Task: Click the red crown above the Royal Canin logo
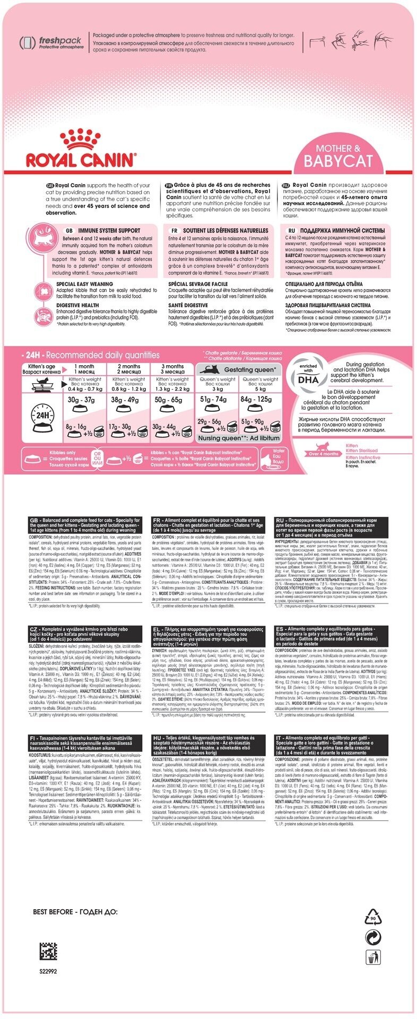[x=81, y=139]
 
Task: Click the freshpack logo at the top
[x=51, y=42]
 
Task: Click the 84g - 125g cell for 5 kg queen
[x=260, y=400]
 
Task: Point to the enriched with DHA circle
[x=308, y=377]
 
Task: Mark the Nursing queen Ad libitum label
[x=238, y=438]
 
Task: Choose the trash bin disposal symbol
[x=372, y=957]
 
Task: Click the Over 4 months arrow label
[x=324, y=454]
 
